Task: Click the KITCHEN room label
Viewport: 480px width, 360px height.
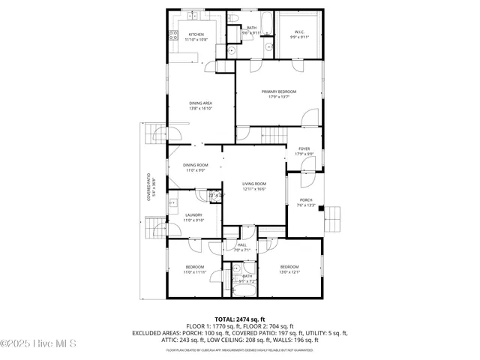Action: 197,34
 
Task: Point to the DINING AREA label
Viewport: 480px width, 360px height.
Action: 199,103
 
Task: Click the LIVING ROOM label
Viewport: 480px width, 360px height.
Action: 254,184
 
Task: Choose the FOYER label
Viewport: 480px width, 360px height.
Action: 304,149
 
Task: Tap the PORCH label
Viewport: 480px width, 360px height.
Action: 306,200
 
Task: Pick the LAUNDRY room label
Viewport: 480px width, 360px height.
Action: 193,216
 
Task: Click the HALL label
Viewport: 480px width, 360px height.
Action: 241,245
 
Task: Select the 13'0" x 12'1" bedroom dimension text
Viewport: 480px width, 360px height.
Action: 289,272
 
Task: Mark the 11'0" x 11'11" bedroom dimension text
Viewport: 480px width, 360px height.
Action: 194,272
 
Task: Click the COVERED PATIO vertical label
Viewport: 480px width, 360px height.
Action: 148,188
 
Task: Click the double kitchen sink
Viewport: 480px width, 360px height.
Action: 192,14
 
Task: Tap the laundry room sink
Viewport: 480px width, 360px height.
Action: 172,202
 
